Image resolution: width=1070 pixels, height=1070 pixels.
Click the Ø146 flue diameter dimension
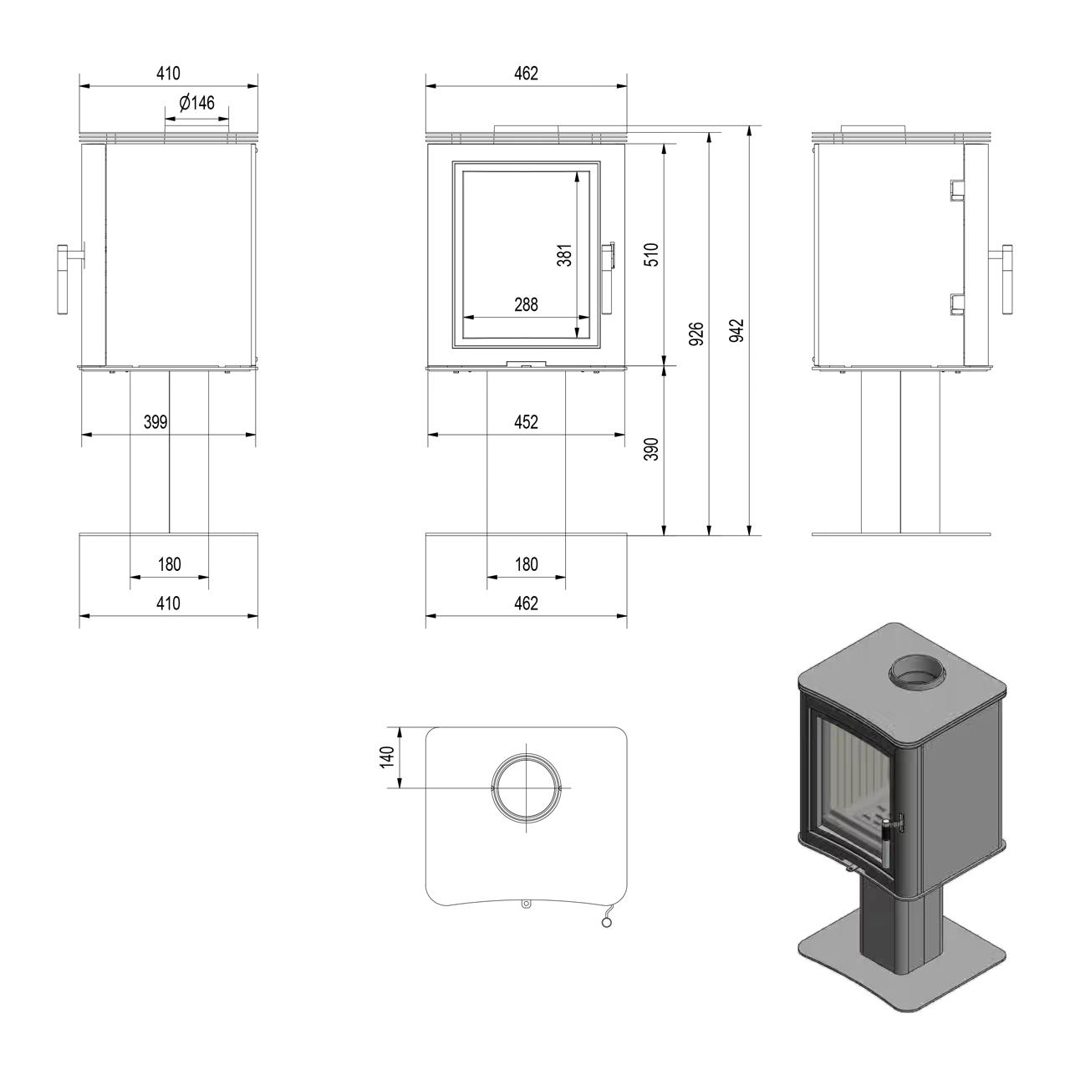pyautogui.click(x=196, y=104)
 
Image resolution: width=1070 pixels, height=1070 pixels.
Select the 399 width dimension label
pyautogui.click(x=155, y=422)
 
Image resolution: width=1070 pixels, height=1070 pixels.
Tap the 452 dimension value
pyautogui.click(x=526, y=422)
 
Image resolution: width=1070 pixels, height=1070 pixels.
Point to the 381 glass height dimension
pyautogui.click(x=564, y=255)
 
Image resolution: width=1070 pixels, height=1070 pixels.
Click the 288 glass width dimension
pyautogui.click(x=526, y=305)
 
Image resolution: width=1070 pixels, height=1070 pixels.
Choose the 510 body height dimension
pyautogui.click(x=652, y=255)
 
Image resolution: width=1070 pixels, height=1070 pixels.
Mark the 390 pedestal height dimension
pyautogui.click(x=652, y=449)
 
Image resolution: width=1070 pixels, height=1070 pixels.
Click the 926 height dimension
pyautogui.click(x=696, y=334)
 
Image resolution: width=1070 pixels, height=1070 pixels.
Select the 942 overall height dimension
pyautogui.click(x=736, y=330)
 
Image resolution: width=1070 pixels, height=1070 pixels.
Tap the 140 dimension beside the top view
pyautogui.click(x=387, y=757)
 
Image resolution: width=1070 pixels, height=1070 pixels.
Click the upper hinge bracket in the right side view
pyautogui.click(x=956, y=190)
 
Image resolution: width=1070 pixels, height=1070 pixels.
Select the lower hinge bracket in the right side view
pyautogui.click(x=956, y=304)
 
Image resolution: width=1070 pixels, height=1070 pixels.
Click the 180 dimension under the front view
pyautogui.click(x=526, y=565)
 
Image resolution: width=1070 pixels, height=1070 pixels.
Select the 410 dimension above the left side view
pyautogui.click(x=168, y=74)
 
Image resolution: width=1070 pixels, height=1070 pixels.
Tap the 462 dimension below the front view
pyautogui.click(x=526, y=603)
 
